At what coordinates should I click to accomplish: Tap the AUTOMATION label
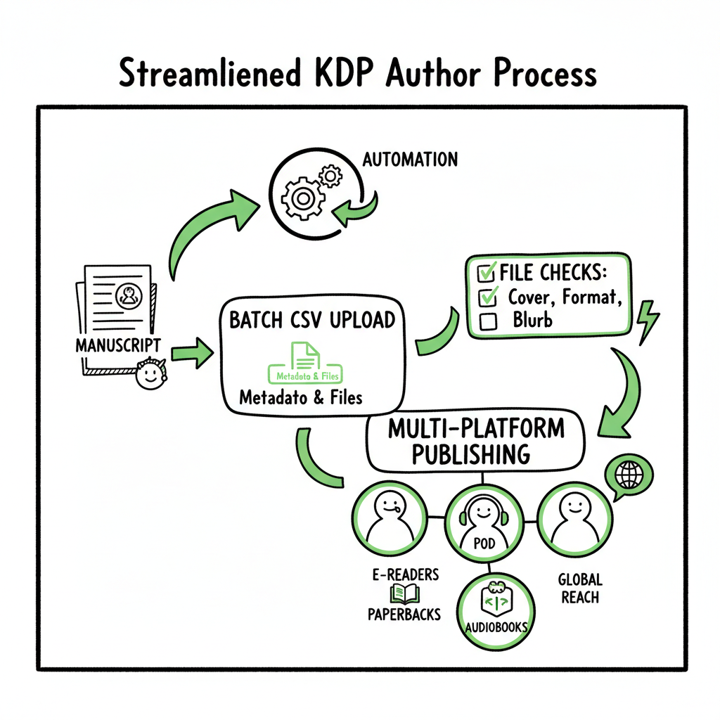click(410, 159)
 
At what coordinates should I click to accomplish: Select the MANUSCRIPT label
click(118, 345)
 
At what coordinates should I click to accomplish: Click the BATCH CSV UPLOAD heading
click(312, 320)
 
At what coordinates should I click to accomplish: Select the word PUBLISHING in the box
click(470, 454)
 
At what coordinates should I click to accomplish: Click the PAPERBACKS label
click(404, 614)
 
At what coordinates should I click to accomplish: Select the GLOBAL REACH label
click(580, 589)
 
